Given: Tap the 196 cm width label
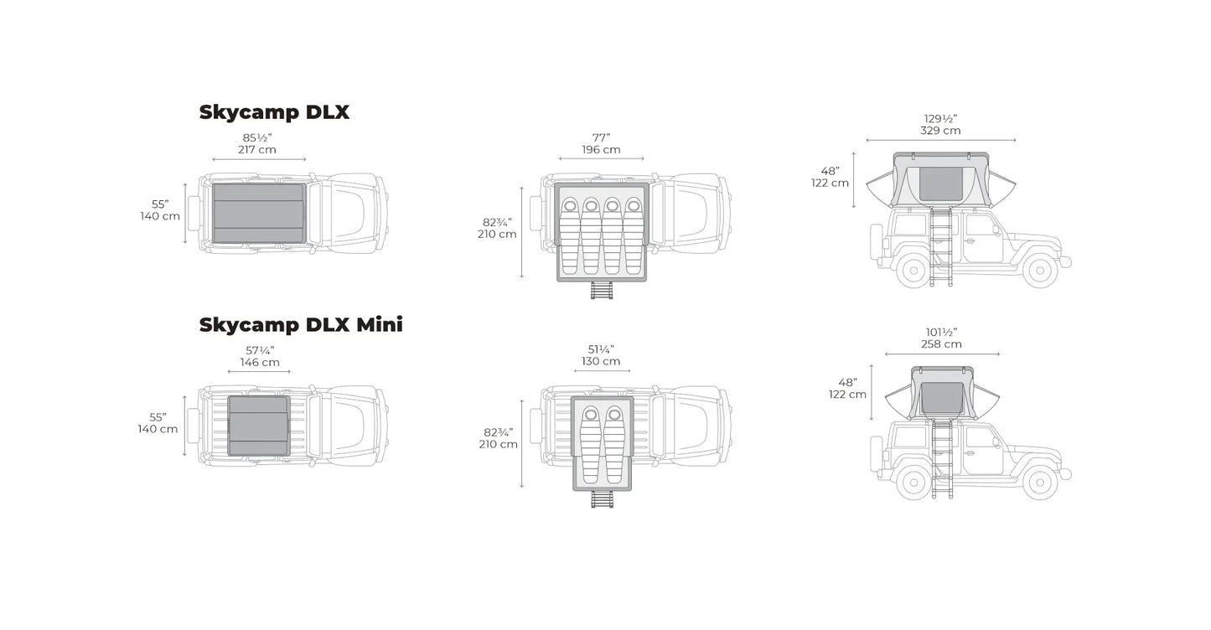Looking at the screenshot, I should tap(601, 150).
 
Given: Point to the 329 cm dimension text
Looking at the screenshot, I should tap(940, 131).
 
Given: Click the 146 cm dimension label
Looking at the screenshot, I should tap(260, 363).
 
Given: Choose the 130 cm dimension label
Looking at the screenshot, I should tap(601, 362).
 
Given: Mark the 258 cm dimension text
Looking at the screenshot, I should tap(941, 344).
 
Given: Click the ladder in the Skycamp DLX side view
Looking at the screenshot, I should tap(939, 247).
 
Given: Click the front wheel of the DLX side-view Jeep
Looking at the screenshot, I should tap(1039, 270).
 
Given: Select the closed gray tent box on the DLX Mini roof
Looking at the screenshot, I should tap(259, 426).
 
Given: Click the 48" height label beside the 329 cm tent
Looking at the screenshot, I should tap(830, 171).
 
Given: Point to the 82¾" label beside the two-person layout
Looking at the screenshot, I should tap(497, 432).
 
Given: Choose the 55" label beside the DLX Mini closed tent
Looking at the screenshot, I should tap(158, 416).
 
